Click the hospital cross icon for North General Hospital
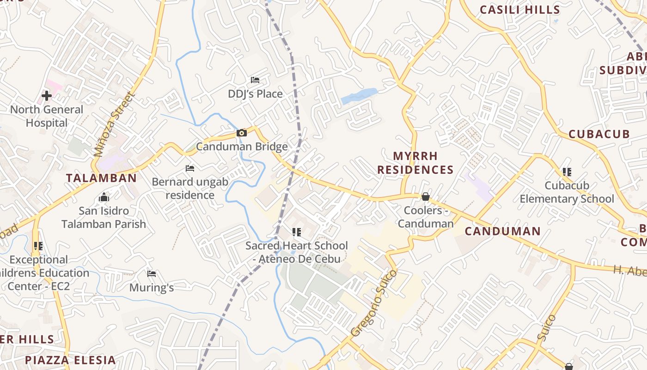(47, 96)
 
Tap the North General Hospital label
(47, 116)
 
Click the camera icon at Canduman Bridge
(241, 133)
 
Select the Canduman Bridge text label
(242, 147)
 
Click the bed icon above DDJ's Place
(255, 80)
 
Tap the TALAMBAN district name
(101, 178)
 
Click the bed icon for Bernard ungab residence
(189, 168)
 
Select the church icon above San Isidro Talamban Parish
(104, 198)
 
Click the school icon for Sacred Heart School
(296, 232)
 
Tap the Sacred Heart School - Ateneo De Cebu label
(296, 252)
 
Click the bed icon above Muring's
(151, 274)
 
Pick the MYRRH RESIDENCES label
(415, 163)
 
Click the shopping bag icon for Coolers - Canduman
(426, 197)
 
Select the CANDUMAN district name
(502, 231)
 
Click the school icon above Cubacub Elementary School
(567, 173)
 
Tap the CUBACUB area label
(599, 134)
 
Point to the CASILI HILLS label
(519, 10)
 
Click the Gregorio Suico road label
(373, 303)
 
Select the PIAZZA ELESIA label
(70, 360)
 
